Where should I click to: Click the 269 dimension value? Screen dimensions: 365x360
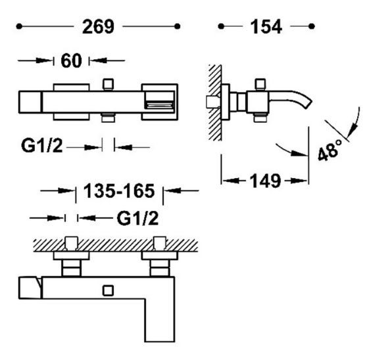pyautogui.click(x=98, y=27)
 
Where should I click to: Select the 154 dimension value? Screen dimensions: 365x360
pyautogui.click(x=266, y=27)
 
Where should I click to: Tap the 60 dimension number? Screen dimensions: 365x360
pyautogui.click(x=71, y=60)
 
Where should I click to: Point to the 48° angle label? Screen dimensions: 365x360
pyautogui.click(x=330, y=150)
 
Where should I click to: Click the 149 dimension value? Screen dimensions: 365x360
pyautogui.click(x=265, y=181)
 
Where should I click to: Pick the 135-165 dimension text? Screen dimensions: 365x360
pyautogui.click(x=119, y=191)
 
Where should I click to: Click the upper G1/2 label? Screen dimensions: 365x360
pyautogui.click(x=42, y=146)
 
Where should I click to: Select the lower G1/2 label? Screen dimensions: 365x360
pyautogui.click(x=138, y=218)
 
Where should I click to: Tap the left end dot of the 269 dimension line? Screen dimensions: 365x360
pyautogui.click(x=19, y=26)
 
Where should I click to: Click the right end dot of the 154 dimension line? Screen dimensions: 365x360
pyautogui.click(x=312, y=26)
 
